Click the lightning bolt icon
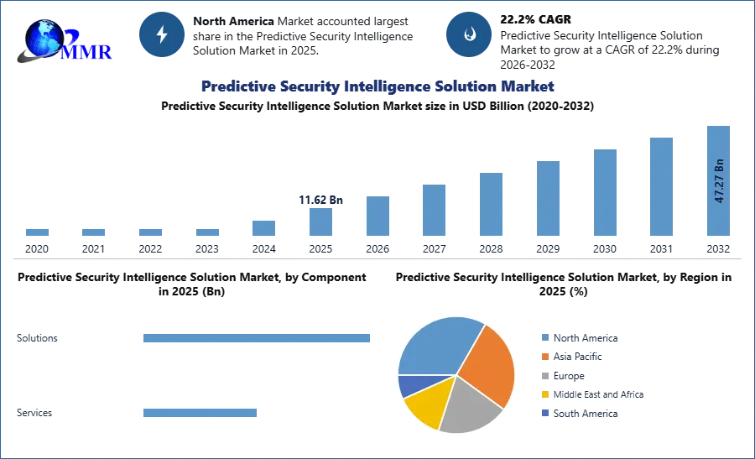coord(163,34)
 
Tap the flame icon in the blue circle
coord(469,34)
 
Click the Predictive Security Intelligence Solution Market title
coord(377,86)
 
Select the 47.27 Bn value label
coord(719,180)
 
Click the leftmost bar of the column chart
coord(37,234)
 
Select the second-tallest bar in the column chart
coord(660,186)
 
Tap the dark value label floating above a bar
coord(321,201)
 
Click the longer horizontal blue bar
coord(258,336)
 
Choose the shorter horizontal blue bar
coord(200,413)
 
